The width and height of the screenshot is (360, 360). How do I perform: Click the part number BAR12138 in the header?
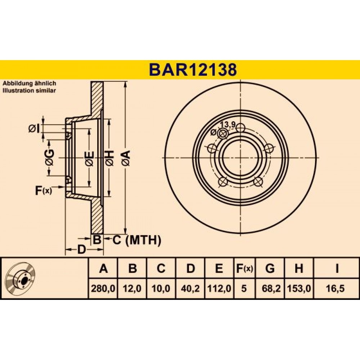[193, 70]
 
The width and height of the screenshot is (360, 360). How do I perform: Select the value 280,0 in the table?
[103, 288]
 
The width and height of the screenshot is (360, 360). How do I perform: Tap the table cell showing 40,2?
[190, 288]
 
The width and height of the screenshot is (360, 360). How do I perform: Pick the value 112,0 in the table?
[219, 288]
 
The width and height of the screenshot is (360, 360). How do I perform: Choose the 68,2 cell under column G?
[271, 288]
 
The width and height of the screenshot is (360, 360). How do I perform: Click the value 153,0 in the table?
[299, 288]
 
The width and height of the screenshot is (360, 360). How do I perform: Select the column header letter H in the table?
[299, 268]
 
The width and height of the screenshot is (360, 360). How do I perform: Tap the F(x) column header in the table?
[244, 268]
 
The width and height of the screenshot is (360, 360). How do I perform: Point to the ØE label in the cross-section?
[89, 159]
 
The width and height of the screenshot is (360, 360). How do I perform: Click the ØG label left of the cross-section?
[50, 158]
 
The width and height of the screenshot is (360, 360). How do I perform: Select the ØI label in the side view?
[34, 129]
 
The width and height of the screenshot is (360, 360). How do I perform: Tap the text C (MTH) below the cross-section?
[137, 240]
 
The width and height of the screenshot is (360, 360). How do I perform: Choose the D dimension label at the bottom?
[81, 249]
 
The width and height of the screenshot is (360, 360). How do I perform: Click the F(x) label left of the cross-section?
[44, 190]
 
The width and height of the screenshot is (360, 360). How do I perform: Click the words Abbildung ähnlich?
[29, 84]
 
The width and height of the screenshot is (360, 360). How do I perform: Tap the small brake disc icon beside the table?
[21, 278]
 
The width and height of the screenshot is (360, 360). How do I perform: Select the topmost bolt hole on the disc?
[240, 128]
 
